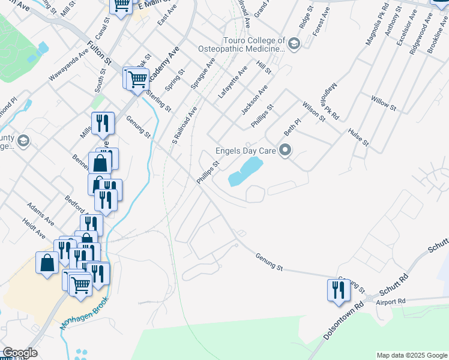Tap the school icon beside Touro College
click(x=295, y=44)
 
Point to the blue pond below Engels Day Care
click(x=244, y=172)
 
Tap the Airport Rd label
click(x=391, y=301)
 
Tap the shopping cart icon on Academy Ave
click(x=137, y=78)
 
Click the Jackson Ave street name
click(x=254, y=100)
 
